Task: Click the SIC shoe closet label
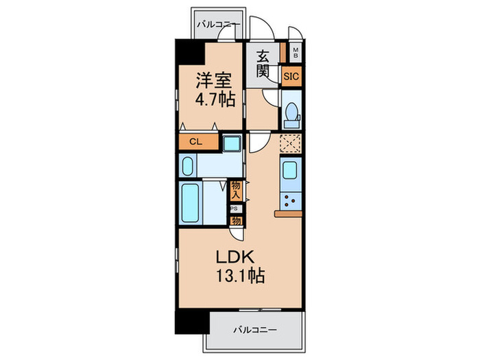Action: point(291,76)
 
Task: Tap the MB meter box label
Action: point(296,53)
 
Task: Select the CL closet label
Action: point(196,142)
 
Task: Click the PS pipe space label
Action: point(235,208)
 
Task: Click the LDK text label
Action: point(235,257)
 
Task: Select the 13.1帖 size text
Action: point(241,276)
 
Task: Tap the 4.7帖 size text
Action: point(215,99)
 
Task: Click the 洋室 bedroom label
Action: point(214,80)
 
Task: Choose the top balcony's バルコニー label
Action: point(219,25)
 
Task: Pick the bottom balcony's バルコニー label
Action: point(255,330)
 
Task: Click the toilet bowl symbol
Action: point(291,115)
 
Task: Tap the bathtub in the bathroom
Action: point(190,203)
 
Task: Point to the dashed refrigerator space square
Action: point(291,143)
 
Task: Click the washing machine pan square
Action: point(232,143)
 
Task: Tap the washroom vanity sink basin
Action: point(187,166)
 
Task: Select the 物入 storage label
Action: point(236,190)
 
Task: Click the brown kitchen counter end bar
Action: point(289,214)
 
